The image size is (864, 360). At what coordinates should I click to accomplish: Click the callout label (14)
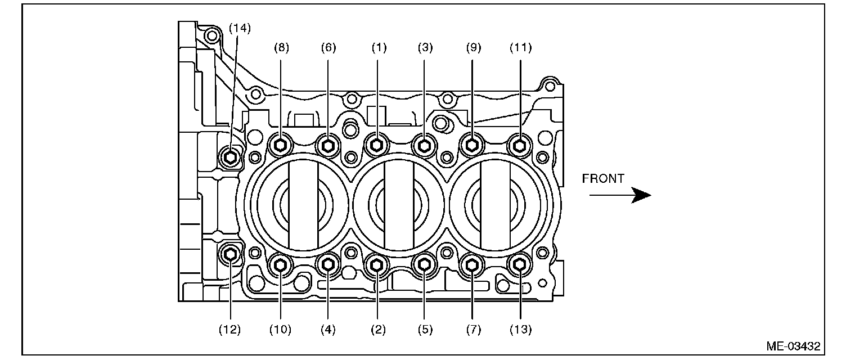tap(240, 28)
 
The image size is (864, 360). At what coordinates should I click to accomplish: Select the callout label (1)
tap(379, 48)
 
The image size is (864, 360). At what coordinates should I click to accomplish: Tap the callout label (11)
tap(520, 48)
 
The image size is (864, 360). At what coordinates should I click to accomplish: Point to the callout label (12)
tap(230, 330)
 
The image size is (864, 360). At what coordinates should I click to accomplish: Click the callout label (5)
tap(425, 330)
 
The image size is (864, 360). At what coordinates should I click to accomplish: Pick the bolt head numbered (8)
tap(281, 146)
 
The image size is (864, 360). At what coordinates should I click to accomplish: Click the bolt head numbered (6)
tap(328, 146)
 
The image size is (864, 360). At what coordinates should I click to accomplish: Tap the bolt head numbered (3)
tap(425, 146)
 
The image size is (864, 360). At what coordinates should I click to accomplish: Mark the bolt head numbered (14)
tap(229, 156)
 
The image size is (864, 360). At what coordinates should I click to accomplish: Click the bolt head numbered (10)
tap(281, 264)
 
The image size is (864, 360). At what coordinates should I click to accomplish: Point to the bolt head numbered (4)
tap(328, 264)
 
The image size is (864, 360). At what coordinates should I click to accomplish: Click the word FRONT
tap(603, 179)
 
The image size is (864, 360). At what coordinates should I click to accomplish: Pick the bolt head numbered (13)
tap(520, 264)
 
